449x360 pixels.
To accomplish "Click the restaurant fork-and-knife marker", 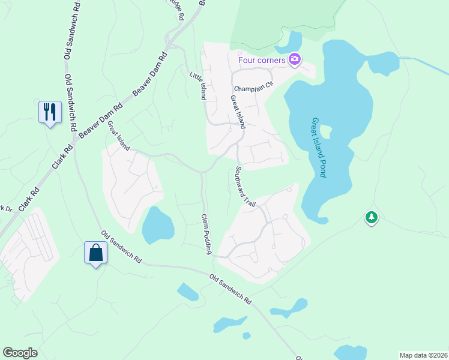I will pyautogui.click(x=50, y=112).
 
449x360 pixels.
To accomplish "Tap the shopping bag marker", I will pyautogui.click(x=96, y=253).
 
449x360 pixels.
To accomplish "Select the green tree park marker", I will pyautogui.click(x=372, y=217).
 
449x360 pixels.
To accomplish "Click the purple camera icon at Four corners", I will pyautogui.click(x=295, y=59).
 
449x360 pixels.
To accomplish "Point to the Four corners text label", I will pyautogui.click(x=262, y=59).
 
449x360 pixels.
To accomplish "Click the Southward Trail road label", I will pyautogui.click(x=246, y=187).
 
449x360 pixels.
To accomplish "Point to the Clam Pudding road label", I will pyautogui.click(x=206, y=234).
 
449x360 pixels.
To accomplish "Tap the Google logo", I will pyautogui.click(x=20, y=353).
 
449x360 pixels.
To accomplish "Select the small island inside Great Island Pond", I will pyautogui.click(x=326, y=131).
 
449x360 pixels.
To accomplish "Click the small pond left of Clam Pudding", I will pyautogui.click(x=158, y=223).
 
